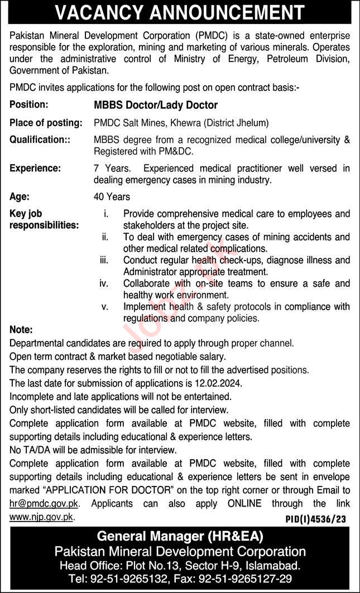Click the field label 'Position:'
29,104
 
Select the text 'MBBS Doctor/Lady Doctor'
156,105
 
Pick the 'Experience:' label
35,168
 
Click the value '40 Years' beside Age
112,196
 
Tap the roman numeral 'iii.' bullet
104,261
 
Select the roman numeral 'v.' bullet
105,307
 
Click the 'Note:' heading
21,330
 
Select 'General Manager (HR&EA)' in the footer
180,537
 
